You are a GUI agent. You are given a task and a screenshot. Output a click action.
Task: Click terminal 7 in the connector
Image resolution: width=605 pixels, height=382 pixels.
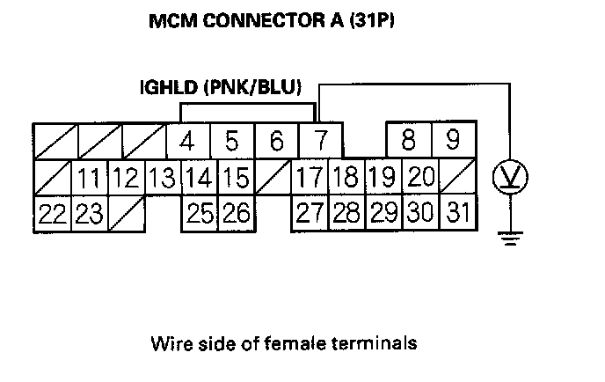point(320,141)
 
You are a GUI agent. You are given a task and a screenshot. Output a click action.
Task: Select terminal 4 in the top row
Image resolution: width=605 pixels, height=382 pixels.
point(186,141)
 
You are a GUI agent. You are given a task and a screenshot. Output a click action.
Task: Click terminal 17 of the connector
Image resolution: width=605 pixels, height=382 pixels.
point(309,177)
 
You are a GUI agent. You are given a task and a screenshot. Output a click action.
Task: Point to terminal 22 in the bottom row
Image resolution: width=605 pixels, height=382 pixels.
point(52,214)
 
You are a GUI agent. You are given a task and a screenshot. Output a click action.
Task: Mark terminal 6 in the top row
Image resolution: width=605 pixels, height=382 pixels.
point(276,141)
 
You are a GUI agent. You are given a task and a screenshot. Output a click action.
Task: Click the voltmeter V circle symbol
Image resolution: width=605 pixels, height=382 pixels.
point(509,179)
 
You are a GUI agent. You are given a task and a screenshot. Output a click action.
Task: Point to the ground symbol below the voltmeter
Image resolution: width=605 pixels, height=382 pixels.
point(509,235)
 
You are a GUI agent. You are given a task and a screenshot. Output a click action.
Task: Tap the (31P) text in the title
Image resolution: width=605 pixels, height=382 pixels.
point(368,19)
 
